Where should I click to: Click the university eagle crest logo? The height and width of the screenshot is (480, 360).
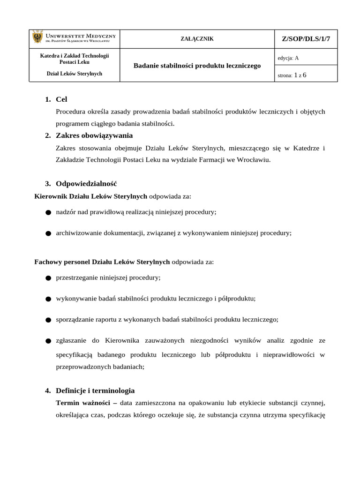tap(37, 38)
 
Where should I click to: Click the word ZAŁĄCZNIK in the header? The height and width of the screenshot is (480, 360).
tap(197, 39)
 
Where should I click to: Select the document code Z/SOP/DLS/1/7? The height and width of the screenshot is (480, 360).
tap(306, 39)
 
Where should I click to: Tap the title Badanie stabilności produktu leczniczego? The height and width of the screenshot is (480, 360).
tap(197, 66)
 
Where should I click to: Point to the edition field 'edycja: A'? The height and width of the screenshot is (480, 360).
tap(288, 58)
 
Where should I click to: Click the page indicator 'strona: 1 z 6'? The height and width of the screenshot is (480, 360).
tap(292, 75)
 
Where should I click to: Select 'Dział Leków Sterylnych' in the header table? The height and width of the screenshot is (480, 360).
tap(75, 74)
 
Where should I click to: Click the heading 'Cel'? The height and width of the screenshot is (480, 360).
tap(61, 99)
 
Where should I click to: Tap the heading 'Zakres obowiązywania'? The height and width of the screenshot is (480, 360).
tap(94, 135)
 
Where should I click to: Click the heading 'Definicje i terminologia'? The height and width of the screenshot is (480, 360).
tap(95, 390)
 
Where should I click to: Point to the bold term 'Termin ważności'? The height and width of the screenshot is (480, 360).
tap(82, 403)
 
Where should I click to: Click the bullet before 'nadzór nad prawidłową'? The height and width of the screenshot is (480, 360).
tap(48, 213)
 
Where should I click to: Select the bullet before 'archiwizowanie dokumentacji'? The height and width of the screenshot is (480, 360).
tap(48, 233)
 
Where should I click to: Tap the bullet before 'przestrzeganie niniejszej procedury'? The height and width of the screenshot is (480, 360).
tap(48, 278)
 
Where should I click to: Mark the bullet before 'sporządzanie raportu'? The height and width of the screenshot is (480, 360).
tap(48, 320)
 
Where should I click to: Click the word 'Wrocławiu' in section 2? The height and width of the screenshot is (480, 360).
tap(254, 160)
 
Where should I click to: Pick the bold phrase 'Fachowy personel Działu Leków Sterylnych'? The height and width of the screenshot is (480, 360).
tap(102, 262)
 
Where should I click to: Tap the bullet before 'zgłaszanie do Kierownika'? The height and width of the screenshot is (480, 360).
tap(48, 341)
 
